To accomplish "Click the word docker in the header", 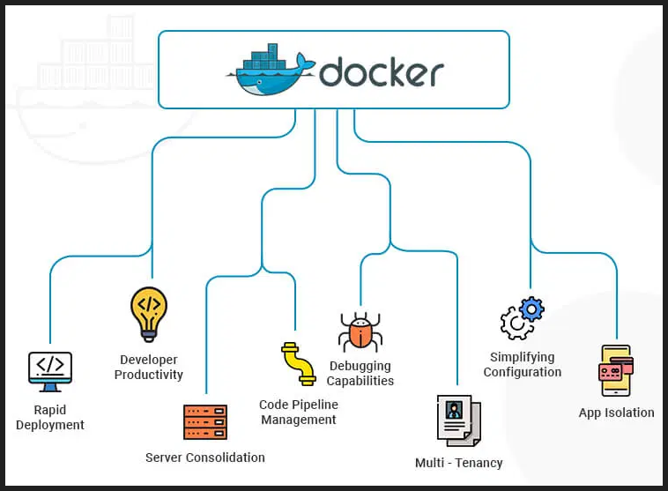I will pyautogui.click(x=382, y=71).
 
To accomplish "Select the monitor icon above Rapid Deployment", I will pyautogui.click(x=50, y=371).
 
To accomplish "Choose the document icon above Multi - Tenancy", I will pyautogui.click(x=458, y=421).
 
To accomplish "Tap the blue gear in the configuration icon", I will pyautogui.click(x=531, y=309).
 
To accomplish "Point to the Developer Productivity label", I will pyautogui.click(x=149, y=368).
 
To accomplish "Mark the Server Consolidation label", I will pyautogui.click(x=204, y=458).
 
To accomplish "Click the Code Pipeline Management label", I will pyautogui.click(x=298, y=413).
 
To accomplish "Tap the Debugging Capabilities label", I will pyautogui.click(x=360, y=374).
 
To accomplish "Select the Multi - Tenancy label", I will pyautogui.click(x=458, y=463).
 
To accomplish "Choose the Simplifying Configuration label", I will pyautogui.click(x=522, y=365).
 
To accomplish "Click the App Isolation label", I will pyautogui.click(x=616, y=413).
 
